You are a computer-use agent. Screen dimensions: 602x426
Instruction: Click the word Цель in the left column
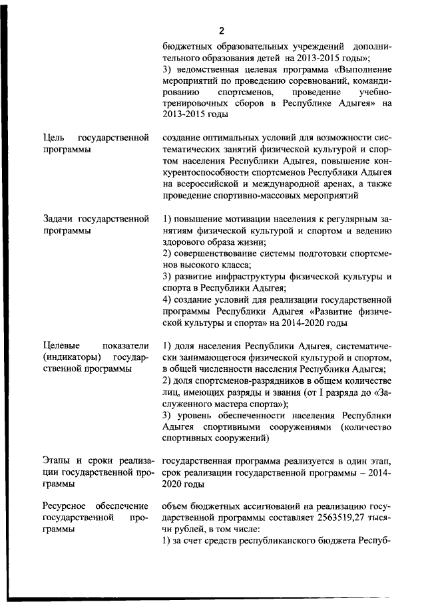click(53, 138)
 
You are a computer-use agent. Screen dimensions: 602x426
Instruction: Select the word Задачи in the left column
click(58, 218)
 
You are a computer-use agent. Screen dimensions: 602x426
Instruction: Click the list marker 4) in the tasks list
click(168, 299)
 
